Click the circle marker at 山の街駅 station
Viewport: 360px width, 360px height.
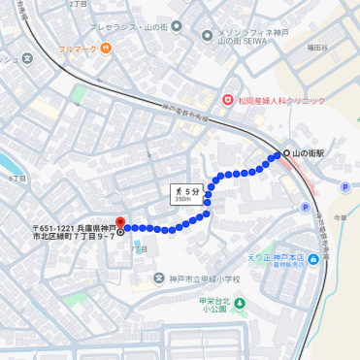(x=286, y=154)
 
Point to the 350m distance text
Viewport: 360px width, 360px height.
(x=182, y=200)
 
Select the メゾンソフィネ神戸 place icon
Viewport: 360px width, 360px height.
(x=207, y=36)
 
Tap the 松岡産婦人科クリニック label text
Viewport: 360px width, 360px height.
(x=280, y=99)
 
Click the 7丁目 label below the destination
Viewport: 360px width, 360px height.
(x=138, y=249)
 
